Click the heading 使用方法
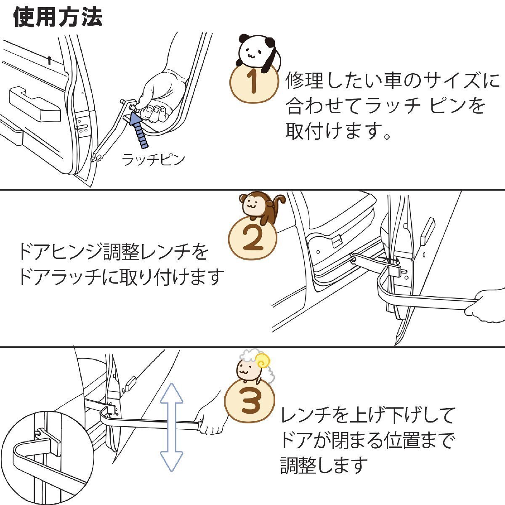pos(58,18)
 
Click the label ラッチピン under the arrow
pos(153,160)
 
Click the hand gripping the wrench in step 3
pos(213,421)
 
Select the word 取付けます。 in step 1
pos(339,131)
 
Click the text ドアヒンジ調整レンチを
pos(114,252)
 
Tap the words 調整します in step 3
pos(324,465)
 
